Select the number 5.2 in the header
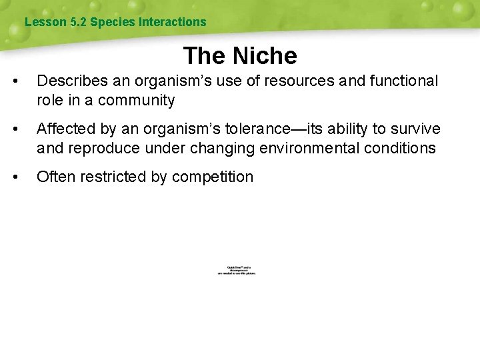(x=79, y=22)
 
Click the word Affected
(x=64, y=129)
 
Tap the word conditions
(x=402, y=148)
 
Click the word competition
(x=213, y=177)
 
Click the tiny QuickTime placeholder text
(x=237, y=271)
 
